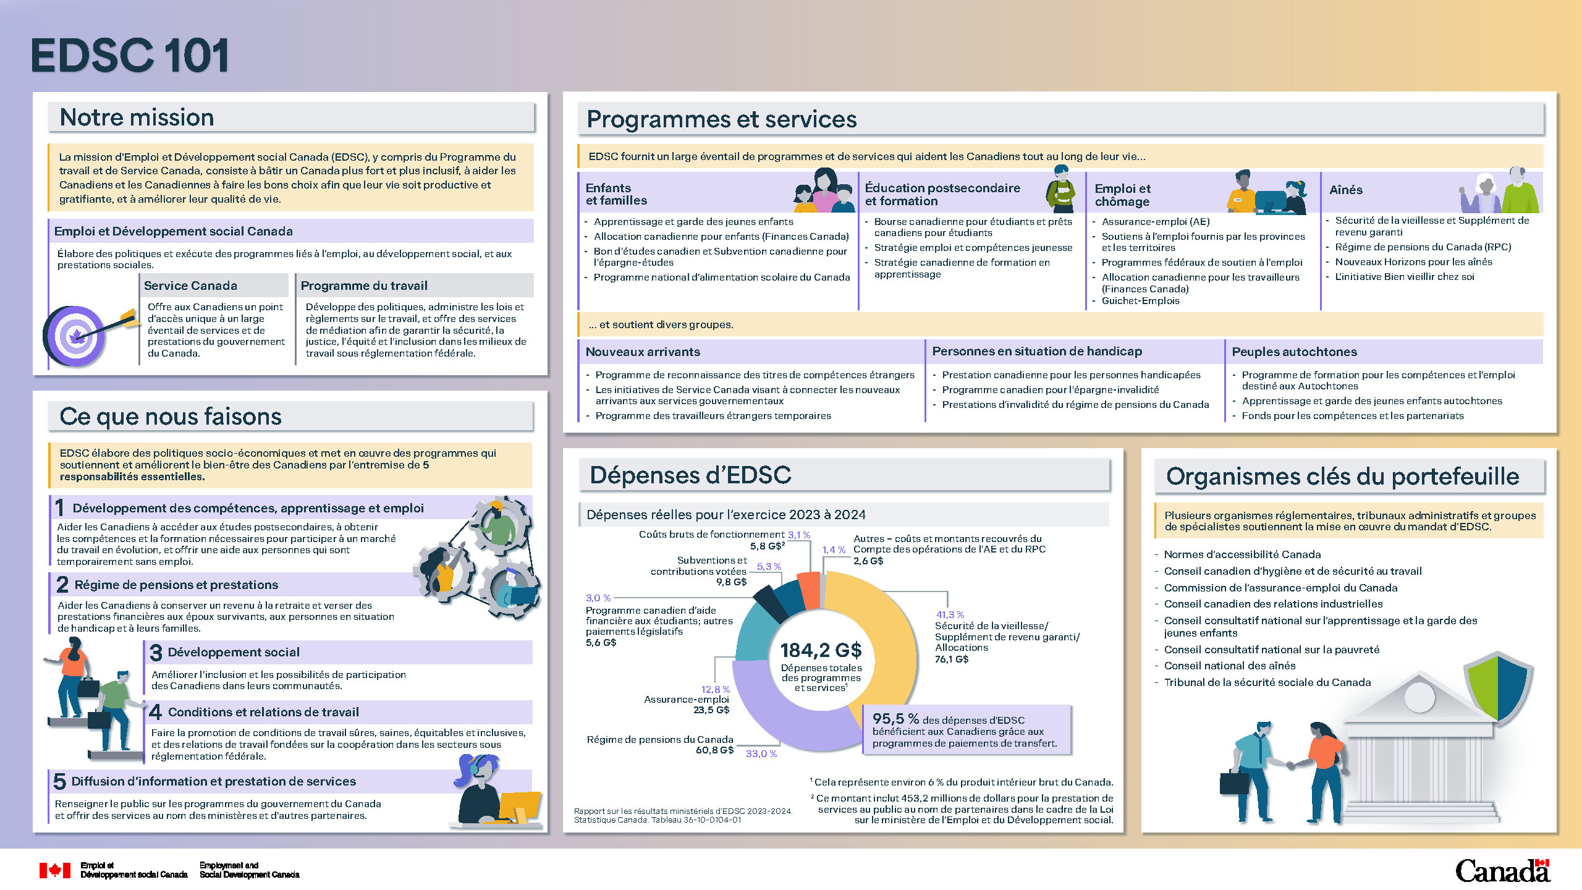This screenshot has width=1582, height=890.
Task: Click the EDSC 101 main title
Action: (130, 56)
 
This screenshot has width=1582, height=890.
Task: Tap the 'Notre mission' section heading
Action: (137, 117)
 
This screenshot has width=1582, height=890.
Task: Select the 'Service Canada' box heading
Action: (190, 286)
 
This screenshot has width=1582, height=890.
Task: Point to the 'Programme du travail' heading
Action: (364, 286)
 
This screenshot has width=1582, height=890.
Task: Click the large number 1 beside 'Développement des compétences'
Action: (60, 508)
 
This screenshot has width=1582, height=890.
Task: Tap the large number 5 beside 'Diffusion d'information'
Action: (59, 781)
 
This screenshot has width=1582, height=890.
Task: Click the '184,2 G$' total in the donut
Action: (821, 650)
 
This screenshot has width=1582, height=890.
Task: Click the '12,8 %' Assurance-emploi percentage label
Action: (715, 689)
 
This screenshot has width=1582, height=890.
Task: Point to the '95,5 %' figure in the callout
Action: (895, 719)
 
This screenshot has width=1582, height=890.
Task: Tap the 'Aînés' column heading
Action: (1346, 190)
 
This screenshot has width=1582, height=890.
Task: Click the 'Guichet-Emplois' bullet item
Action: (1140, 301)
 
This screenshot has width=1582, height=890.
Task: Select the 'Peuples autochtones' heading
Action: (1294, 352)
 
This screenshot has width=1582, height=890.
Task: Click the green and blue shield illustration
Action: (1498, 686)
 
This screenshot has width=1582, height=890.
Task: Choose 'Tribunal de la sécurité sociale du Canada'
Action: (1267, 682)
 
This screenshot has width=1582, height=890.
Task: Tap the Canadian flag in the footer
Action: (55, 870)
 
